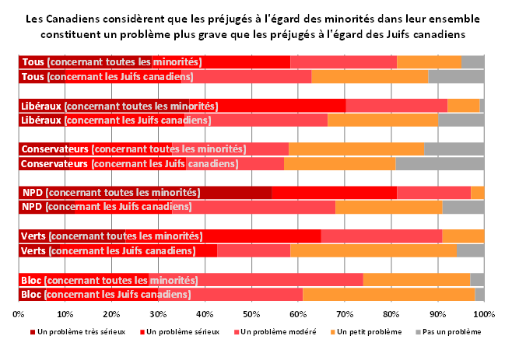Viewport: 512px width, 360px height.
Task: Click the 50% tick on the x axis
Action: pyautogui.click(x=251, y=313)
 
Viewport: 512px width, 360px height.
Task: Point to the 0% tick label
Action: pyautogui.click(x=19, y=313)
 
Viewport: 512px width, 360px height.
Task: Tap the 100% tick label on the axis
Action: pyautogui.click(x=484, y=313)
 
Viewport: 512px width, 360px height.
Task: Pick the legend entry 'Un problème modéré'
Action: pyautogui.click(x=279, y=332)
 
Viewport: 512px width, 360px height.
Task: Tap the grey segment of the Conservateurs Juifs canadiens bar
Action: pyautogui.click(x=440, y=163)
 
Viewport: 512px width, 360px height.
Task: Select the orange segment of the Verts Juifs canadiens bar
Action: pyautogui.click(x=373, y=250)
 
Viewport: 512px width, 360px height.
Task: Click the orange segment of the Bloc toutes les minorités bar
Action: pyautogui.click(x=416, y=280)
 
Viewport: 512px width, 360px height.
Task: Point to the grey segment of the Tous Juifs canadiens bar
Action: pyautogui.click(x=456, y=76)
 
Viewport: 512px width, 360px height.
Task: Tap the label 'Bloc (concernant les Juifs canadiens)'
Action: pyautogui.click(x=106, y=295)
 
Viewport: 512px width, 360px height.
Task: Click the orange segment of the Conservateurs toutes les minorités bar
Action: pyautogui.click(x=356, y=149)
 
